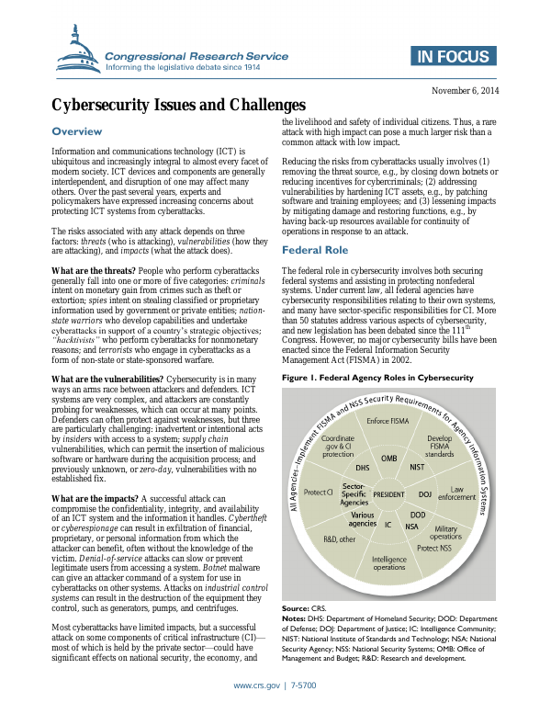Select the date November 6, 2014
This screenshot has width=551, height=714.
[467, 92]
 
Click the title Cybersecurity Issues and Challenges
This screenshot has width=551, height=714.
[178, 106]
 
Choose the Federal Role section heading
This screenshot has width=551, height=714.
[314, 249]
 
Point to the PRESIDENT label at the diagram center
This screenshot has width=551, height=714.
[389, 493]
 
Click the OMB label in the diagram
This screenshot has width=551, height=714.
[389, 457]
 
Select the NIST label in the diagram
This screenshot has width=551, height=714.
[416, 466]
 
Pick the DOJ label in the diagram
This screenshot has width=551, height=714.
[425, 493]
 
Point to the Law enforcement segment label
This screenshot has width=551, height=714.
[464, 493]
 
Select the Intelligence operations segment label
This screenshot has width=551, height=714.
[388, 563]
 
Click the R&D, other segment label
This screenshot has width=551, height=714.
[339, 539]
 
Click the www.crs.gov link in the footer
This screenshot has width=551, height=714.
[258, 686]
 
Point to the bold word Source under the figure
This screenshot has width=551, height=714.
[295, 607]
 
